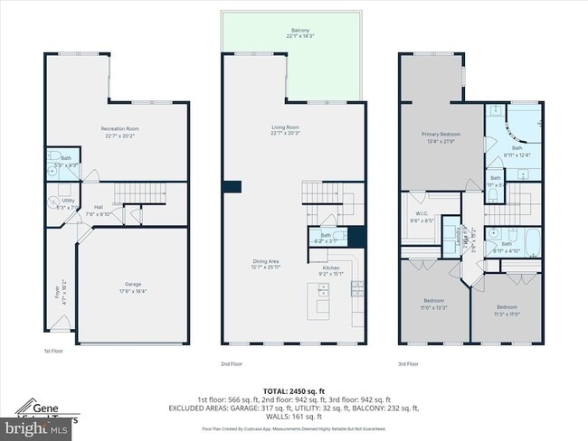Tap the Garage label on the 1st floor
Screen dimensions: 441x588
click(133, 287)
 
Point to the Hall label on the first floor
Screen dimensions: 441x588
click(98, 211)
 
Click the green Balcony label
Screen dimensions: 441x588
click(299, 33)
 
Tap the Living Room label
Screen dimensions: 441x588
click(285, 132)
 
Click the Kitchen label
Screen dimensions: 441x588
click(331, 270)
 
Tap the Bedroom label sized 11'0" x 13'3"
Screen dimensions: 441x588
click(433, 304)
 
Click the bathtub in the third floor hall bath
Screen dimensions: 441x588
click(534, 241)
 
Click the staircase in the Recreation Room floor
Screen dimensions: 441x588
click(132, 193)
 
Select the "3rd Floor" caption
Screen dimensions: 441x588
click(408, 363)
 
